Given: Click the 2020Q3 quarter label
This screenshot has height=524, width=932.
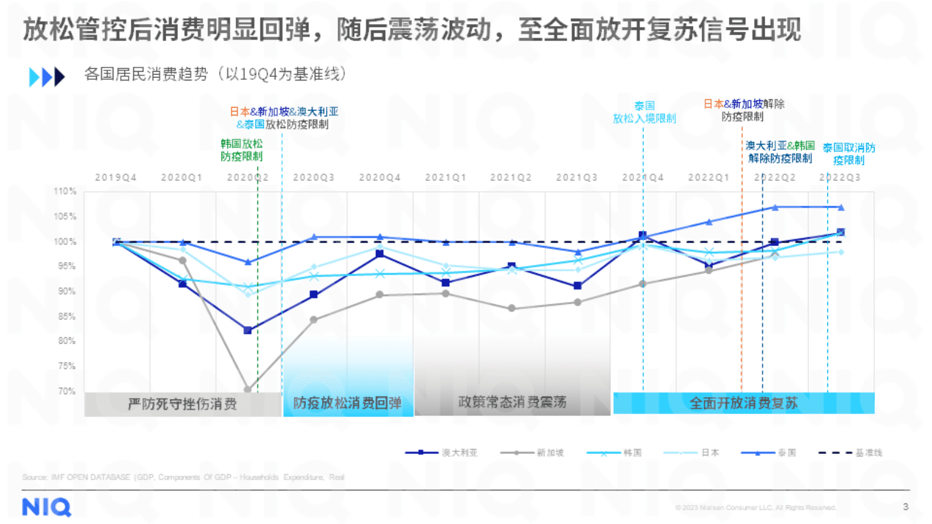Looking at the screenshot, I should click(314, 177).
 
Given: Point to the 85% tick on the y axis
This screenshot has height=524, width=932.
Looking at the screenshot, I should click(66, 316).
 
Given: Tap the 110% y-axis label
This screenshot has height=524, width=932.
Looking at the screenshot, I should click(65, 191).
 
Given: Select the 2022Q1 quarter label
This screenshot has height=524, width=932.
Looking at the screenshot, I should click(708, 177).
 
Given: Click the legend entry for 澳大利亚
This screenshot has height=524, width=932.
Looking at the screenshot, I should click(442, 452).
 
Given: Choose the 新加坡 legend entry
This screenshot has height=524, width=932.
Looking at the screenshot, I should click(532, 452).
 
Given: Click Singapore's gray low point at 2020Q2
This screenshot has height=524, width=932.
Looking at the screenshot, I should click(248, 389).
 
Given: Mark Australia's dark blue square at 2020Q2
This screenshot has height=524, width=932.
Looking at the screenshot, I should click(248, 330).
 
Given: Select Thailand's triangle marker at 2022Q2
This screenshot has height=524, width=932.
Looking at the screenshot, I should click(775, 207).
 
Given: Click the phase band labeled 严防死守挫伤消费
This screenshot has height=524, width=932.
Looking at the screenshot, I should click(182, 404).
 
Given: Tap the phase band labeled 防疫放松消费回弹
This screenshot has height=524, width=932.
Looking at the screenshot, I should click(348, 403).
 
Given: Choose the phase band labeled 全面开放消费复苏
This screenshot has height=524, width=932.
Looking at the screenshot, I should click(743, 403).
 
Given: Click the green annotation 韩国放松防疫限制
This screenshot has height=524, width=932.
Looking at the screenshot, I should click(241, 150).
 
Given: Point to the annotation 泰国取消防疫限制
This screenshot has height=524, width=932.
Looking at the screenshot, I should click(849, 154).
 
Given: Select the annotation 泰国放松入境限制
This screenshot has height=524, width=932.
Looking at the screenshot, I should click(644, 112).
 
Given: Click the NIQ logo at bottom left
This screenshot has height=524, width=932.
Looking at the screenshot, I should click(46, 507).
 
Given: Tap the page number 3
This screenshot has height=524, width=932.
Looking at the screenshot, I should click(906, 506).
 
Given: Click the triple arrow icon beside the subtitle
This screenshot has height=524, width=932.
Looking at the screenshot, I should click(46, 76).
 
